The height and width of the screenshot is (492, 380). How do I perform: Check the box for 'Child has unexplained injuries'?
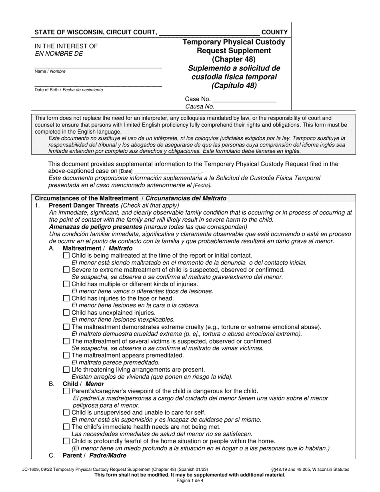[66, 313]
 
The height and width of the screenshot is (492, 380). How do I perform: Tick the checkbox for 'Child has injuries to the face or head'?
[66, 298]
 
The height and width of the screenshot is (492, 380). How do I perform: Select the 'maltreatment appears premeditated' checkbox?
[66, 356]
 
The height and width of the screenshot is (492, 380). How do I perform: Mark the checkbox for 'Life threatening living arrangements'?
[66, 370]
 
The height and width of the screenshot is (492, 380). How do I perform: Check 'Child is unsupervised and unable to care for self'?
[66, 412]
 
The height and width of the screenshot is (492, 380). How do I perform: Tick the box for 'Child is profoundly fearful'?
[66, 441]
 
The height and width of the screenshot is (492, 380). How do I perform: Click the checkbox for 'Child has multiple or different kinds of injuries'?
[66, 284]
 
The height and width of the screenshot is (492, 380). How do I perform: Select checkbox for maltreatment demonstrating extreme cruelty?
[66, 327]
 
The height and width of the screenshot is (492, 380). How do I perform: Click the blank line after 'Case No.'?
[244, 100]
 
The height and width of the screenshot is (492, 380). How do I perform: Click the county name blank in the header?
[209, 33]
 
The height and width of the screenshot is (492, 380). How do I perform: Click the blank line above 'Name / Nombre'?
[98, 67]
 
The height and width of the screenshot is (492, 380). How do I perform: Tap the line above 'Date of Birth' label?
[98, 85]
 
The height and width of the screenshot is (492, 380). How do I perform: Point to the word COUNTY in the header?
[274, 32]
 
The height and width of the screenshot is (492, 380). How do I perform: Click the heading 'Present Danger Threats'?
[84, 206]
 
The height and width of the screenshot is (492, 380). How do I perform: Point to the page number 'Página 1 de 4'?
[190, 481]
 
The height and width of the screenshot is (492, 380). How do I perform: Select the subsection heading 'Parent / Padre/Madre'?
[94, 456]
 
